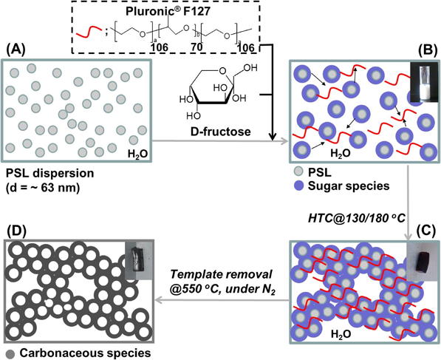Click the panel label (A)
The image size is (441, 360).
click(x=16, y=51)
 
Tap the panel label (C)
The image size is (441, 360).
click(x=428, y=230)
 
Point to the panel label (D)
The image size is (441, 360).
click(x=16, y=231)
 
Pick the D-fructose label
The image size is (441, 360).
click(x=220, y=132)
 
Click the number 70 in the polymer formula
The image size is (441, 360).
click(x=196, y=47)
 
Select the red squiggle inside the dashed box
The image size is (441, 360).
click(x=89, y=32)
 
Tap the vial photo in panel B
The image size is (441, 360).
click(x=423, y=82)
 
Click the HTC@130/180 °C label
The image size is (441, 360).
click(x=357, y=218)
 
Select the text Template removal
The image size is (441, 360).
click(x=222, y=274)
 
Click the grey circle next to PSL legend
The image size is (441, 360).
click(x=298, y=171)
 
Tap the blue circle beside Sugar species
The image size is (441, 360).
click(x=298, y=186)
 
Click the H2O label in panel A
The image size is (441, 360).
click(x=137, y=154)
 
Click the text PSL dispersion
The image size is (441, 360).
click(x=50, y=173)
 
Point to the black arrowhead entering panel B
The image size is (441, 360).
click(x=272, y=137)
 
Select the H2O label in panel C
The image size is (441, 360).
click(x=341, y=334)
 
